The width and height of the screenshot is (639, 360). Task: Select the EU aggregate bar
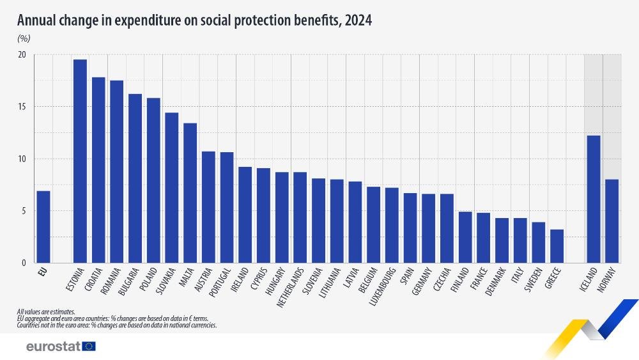click(x=43, y=227)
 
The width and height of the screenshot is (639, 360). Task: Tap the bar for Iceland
click(x=594, y=199)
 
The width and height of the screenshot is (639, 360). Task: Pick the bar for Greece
click(x=557, y=246)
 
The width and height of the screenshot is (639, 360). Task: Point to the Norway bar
click(x=612, y=221)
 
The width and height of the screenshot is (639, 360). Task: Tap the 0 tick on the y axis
click(x=24, y=263)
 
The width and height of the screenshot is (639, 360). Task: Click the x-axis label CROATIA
click(x=95, y=279)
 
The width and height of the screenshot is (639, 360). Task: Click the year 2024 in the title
click(x=358, y=20)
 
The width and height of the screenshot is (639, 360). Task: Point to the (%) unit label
click(x=24, y=38)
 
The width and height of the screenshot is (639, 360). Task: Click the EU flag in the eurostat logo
click(x=89, y=346)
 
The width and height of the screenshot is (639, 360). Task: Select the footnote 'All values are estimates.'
click(x=46, y=312)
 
